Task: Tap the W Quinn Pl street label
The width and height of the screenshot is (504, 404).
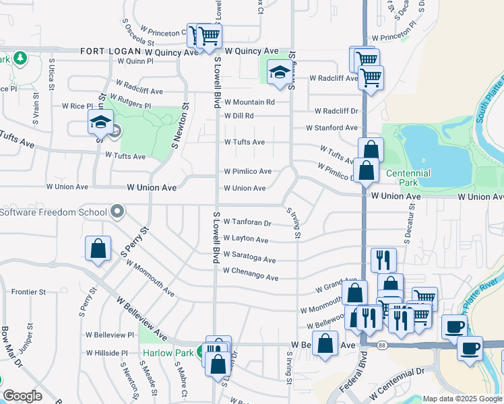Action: click(x=135, y=61)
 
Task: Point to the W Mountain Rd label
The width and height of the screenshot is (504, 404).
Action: click(x=249, y=102)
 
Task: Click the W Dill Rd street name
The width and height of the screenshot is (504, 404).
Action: click(x=239, y=116)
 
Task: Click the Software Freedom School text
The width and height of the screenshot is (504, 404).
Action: click(x=53, y=213)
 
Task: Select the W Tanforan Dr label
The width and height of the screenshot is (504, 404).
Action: click(x=247, y=222)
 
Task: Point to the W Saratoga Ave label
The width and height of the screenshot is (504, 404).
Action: click(x=250, y=259)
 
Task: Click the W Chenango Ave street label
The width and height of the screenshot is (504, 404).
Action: click(x=251, y=277)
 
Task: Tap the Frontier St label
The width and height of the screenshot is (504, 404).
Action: click(x=29, y=292)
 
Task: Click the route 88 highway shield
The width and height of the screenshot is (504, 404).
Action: click(x=382, y=345)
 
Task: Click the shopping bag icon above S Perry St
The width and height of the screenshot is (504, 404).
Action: click(x=98, y=248)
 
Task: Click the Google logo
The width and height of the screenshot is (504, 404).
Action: click(x=22, y=396)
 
